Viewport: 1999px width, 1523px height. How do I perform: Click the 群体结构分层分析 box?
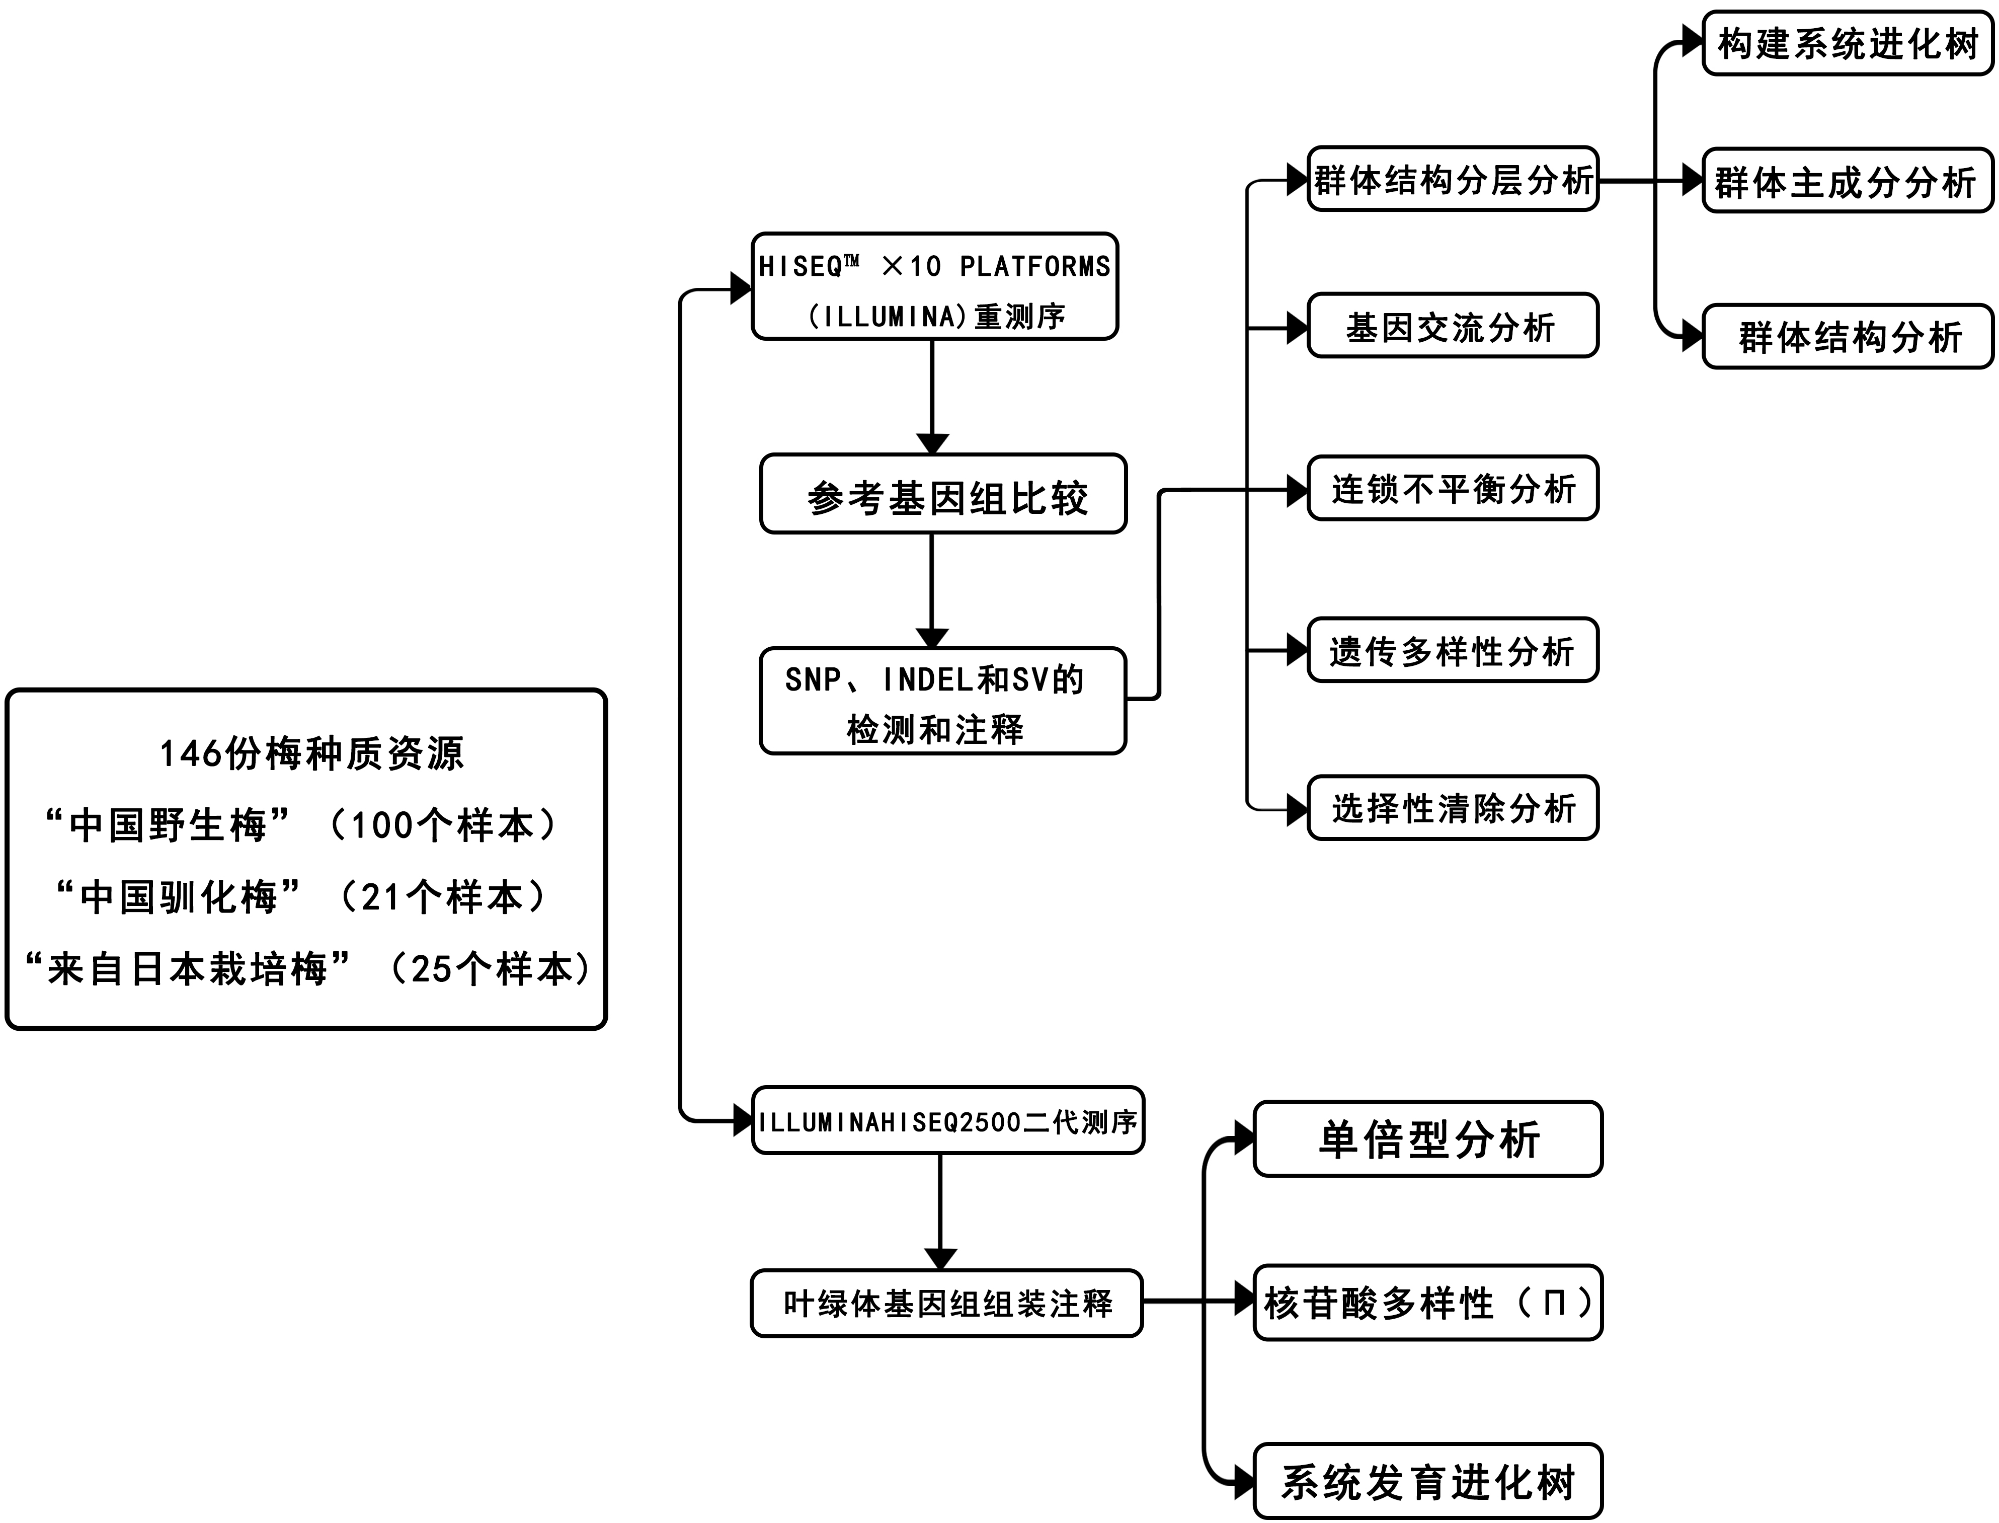pos(1453,179)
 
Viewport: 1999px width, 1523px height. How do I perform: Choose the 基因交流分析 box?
pos(1453,326)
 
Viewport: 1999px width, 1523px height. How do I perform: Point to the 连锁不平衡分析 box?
pos(1453,488)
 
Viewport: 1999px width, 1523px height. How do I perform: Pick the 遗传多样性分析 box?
pos(1453,650)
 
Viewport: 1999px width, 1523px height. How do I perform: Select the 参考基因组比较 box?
pos(943,494)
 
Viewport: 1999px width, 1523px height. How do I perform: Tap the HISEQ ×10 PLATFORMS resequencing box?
pos(934,286)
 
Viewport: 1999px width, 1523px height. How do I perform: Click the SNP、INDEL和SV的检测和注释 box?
pos(942,701)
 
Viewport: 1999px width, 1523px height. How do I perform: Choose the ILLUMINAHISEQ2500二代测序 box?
pos(948,1120)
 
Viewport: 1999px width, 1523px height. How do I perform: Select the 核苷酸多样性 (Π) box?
pos(1428,1303)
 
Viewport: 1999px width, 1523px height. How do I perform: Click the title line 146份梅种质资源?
pos(312,753)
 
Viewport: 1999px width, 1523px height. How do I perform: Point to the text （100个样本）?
pos(442,825)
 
